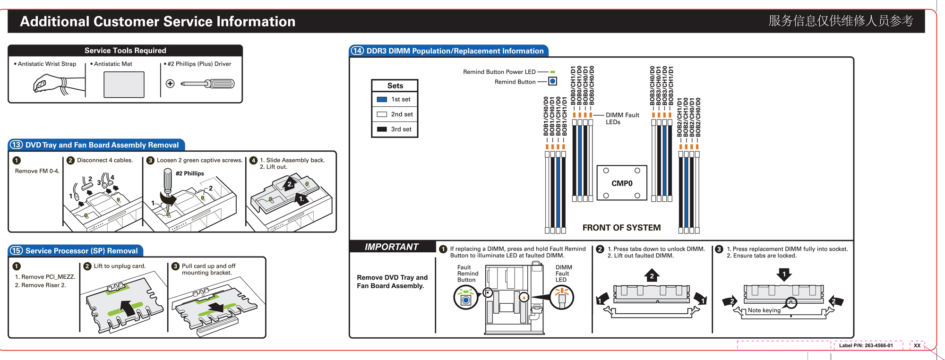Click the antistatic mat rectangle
[124, 85]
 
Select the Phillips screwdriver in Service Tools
[207, 84]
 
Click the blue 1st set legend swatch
[382, 99]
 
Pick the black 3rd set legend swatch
[382, 129]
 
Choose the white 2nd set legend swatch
[382, 114]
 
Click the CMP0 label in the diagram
[622, 183]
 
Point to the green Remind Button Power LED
[552, 72]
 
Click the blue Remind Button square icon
[552, 81]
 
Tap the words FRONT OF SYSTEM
[621, 228]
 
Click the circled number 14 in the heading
[357, 51]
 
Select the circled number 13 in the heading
[17, 145]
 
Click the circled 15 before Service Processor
[17, 250]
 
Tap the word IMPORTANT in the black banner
[391, 247]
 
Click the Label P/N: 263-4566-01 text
[866, 345]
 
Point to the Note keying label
[764, 310]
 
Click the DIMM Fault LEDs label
[622, 119]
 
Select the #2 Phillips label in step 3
[189, 173]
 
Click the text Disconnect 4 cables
[105, 160]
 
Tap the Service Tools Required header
[125, 51]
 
